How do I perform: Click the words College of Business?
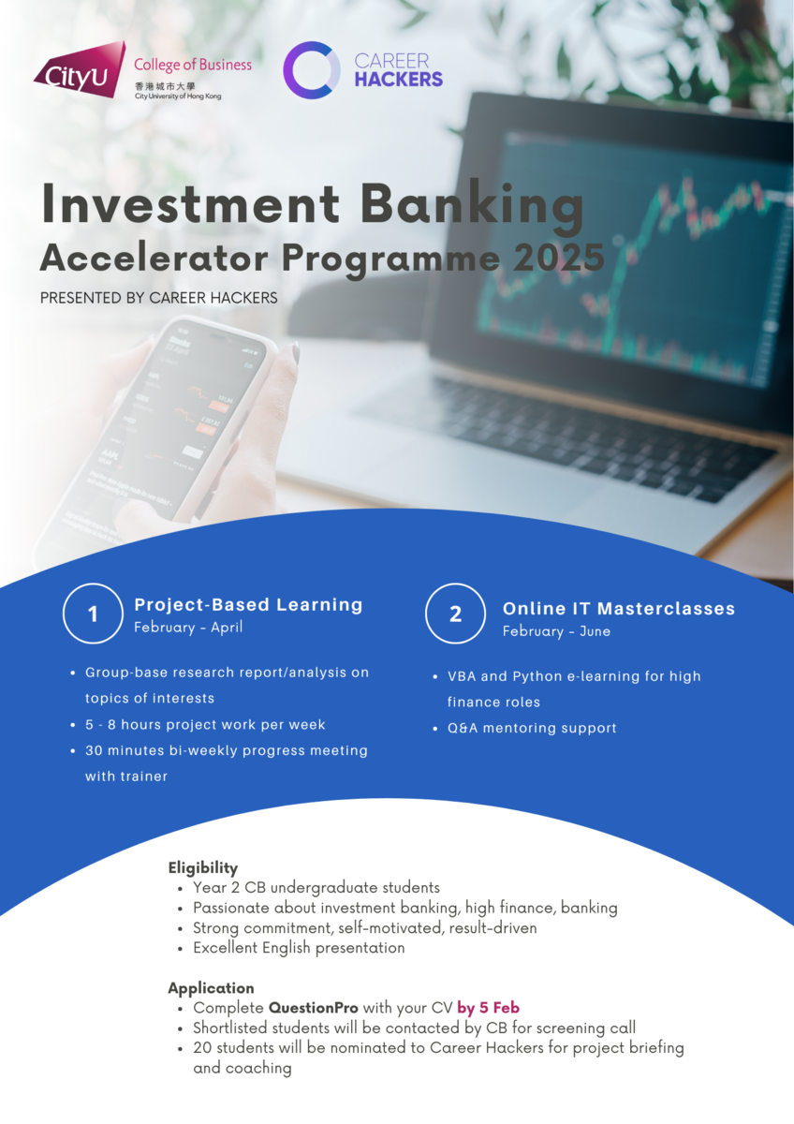(193, 65)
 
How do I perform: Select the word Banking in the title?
(473, 207)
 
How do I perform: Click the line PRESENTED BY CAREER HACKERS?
(158, 298)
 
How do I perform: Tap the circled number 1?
(93, 614)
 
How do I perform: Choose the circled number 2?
(455, 614)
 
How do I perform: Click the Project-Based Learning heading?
(248, 605)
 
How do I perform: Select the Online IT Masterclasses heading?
(619, 609)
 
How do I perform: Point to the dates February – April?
(188, 628)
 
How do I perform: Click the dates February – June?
(557, 631)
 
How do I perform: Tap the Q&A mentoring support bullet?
(532, 728)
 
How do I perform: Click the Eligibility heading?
(202, 867)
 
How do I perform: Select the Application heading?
(212, 988)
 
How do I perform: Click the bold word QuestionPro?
(314, 1008)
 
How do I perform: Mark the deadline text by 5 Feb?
(488, 1008)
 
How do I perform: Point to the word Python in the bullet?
(537, 677)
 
